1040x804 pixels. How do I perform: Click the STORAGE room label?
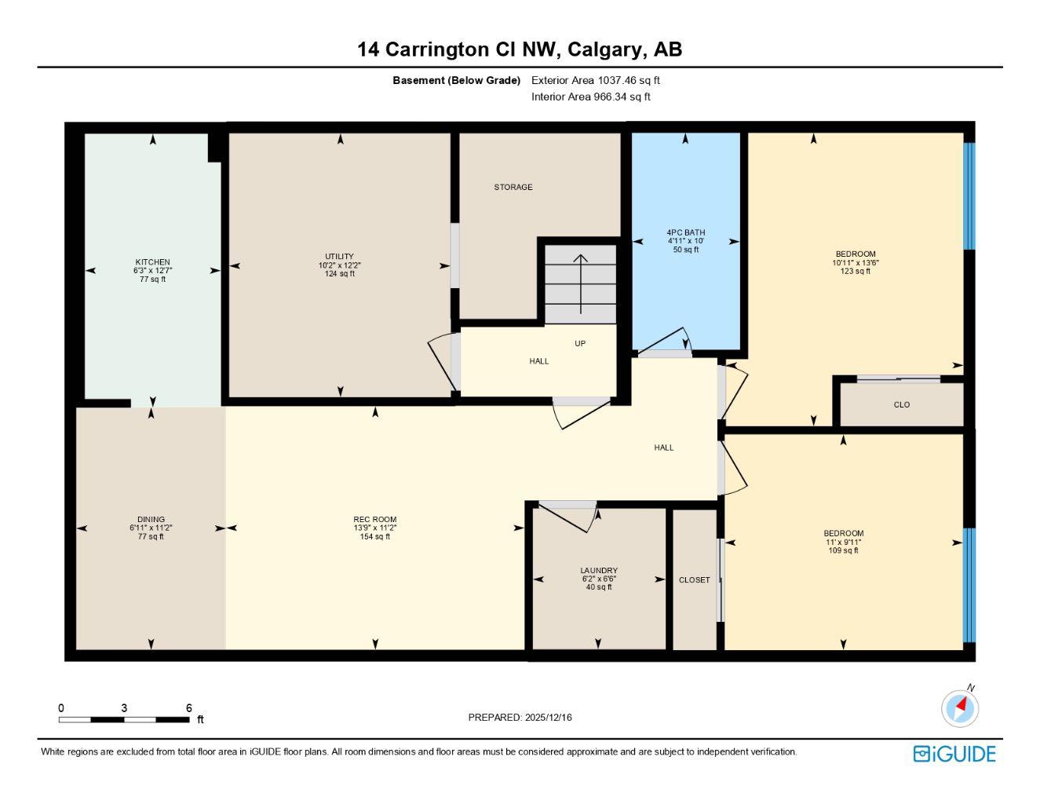[513, 188]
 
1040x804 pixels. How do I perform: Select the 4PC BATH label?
[685, 232]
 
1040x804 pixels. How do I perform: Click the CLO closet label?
[901, 405]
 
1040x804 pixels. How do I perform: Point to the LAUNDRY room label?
[598, 571]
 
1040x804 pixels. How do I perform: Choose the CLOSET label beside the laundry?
[694, 580]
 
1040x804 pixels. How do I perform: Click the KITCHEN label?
[152, 262]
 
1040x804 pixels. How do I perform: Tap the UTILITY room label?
[339, 257]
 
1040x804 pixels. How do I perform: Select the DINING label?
[151, 520]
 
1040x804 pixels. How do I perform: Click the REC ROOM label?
[374, 520]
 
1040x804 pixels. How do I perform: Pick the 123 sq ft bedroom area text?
[855, 272]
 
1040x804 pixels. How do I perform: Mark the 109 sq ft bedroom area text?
[843, 550]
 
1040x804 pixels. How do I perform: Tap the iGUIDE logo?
[954, 754]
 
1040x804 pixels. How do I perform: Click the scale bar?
[124, 719]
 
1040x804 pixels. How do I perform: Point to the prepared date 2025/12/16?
[520, 718]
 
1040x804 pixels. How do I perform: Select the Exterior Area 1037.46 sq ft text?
[595, 80]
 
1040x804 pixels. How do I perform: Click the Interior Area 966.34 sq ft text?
[590, 97]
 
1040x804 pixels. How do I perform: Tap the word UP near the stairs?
[580, 344]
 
